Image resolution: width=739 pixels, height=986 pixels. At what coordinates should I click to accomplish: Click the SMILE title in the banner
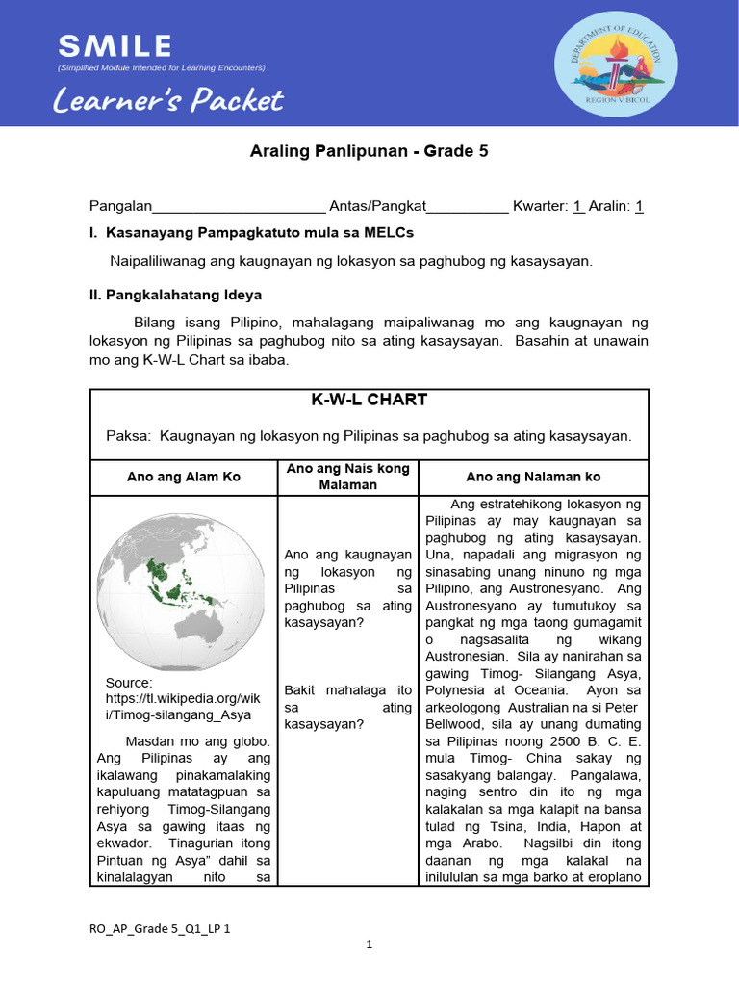tap(115, 45)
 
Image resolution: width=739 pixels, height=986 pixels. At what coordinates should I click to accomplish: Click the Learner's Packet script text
tap(168, 99)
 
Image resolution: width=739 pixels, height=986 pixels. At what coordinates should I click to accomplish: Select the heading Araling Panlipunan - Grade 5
tap(369, 151)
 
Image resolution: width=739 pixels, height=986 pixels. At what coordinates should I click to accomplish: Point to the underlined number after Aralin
tap(640, 206)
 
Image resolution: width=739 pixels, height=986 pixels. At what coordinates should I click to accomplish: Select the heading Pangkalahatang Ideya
tap(183, 295)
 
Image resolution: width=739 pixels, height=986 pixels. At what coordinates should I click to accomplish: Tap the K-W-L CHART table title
tap(369, 400)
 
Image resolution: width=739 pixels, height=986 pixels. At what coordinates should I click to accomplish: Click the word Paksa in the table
tap(127, 436)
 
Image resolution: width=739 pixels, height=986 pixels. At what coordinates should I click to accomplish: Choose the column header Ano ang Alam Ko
tap(184, 477)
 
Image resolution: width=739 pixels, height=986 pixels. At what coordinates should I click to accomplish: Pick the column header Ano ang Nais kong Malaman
tap(348, 477)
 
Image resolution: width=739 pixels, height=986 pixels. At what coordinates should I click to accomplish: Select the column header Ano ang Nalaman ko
tap(533, 477)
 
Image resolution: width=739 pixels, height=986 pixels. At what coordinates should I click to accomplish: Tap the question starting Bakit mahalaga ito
tap(348, 707)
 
